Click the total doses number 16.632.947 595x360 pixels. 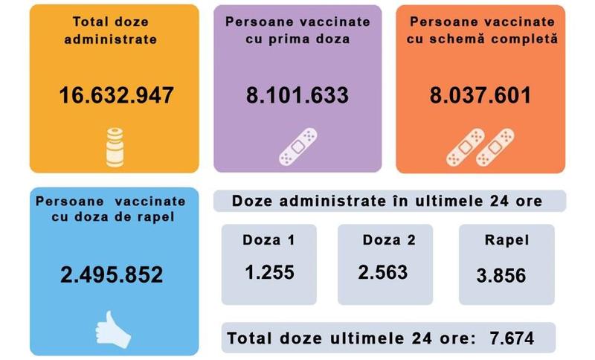coord(116,96)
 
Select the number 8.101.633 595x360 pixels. coord(297,96)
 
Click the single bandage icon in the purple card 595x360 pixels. coord(297,147)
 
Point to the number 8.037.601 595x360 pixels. coord(480,96)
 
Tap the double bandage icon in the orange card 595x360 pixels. coord(480,147)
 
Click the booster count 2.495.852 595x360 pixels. coord(112,275)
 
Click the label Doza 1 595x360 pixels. coord(268,240)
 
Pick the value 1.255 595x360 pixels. coord(269,272)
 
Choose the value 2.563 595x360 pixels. coord(383,272)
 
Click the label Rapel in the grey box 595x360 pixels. coord(506,240)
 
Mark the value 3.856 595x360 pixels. coord(501,275)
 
